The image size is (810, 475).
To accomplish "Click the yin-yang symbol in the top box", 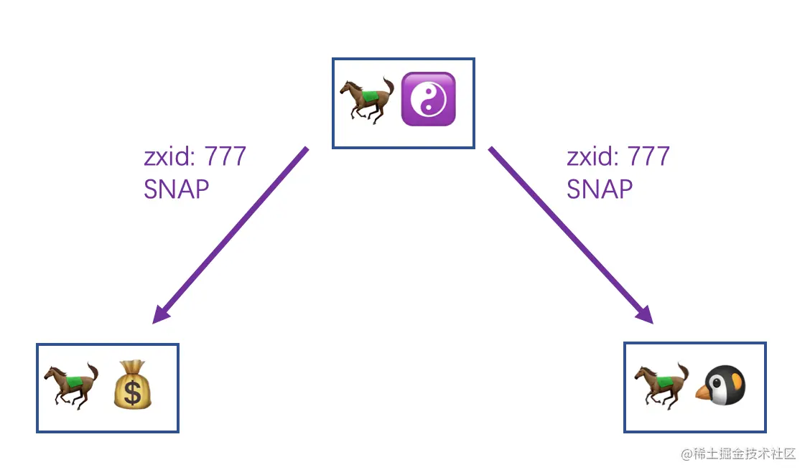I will point(428,99).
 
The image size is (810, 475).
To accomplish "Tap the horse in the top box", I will point(367,100).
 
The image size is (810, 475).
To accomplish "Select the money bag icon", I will point(133,385).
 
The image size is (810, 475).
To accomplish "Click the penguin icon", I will point(721,385).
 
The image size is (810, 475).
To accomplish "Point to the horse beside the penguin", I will point(661,385).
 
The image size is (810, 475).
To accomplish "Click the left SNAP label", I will point(177,189).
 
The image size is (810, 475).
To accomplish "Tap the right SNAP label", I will point(600,189).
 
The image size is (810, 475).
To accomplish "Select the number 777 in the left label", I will point(225,156).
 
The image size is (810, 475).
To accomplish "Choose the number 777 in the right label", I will point(648,156).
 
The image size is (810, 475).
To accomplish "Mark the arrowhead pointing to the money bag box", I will point(162,314).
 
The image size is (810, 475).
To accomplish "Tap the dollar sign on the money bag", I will point(132,392).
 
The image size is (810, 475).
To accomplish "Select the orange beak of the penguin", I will point(704,391).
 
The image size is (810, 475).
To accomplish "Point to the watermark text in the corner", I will point(739,453).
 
